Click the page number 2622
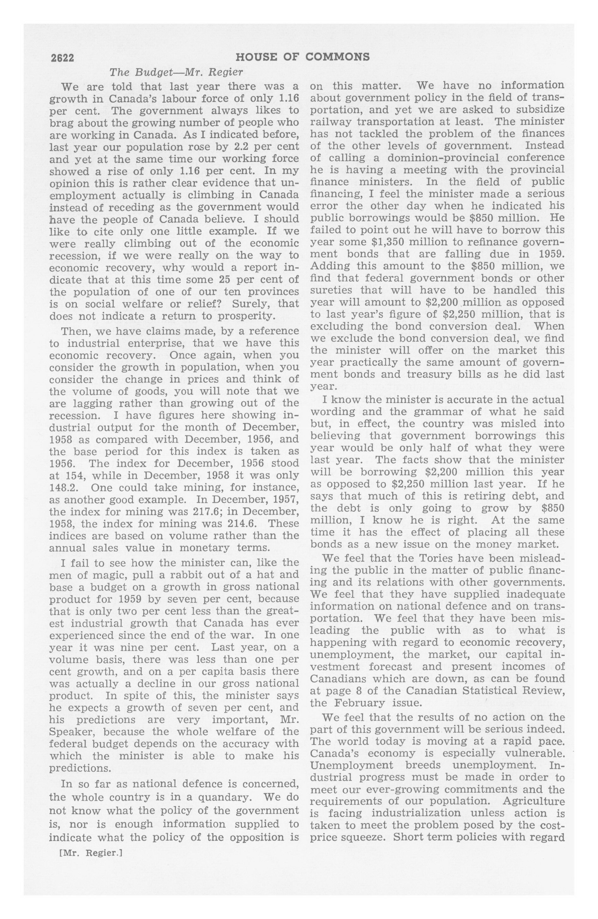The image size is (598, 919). [62, 58]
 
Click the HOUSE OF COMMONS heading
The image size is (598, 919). [302, 57]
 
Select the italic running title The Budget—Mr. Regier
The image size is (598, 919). [176, 72]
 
